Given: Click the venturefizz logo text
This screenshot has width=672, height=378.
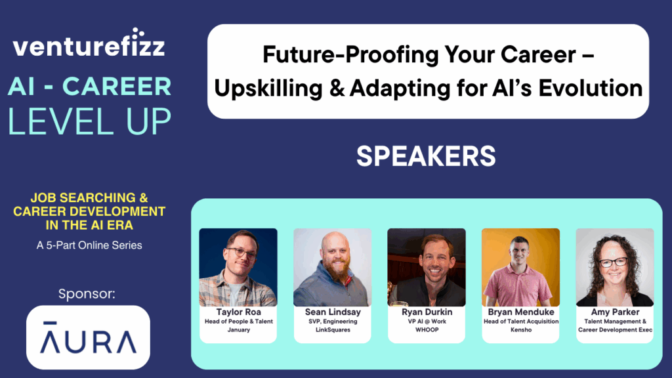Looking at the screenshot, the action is (89, 44).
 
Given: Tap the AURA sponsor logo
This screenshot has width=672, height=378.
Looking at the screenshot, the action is (89, 337).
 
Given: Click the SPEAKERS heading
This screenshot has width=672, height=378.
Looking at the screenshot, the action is (426, 156).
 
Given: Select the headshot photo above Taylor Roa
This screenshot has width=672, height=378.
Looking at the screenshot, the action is (238, 268).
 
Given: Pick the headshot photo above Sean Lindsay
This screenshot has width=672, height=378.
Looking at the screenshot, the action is (333, 268).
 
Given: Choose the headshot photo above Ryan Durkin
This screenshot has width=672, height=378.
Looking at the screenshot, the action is (427, 268).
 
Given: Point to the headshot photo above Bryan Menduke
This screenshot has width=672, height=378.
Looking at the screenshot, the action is (520, 268).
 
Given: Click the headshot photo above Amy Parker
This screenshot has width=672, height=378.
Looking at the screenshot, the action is (615, 268).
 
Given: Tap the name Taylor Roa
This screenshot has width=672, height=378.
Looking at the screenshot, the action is (239, 312).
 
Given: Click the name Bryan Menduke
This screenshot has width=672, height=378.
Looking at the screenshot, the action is (521, 312).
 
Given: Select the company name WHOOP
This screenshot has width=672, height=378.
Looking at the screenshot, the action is (427, 330).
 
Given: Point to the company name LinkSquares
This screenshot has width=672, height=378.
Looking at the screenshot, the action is (333, 330).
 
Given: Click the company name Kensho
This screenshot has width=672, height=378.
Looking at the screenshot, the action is (521, 330).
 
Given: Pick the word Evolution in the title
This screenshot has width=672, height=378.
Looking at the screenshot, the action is (591, 89).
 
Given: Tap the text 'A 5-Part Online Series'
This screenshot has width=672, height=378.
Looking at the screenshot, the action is (89, 245).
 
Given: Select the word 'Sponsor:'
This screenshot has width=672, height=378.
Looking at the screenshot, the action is (87, 294).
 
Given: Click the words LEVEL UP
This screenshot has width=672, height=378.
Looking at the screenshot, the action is (89, 121).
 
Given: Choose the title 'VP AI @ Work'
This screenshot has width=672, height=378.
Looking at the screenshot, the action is (427, 322).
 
